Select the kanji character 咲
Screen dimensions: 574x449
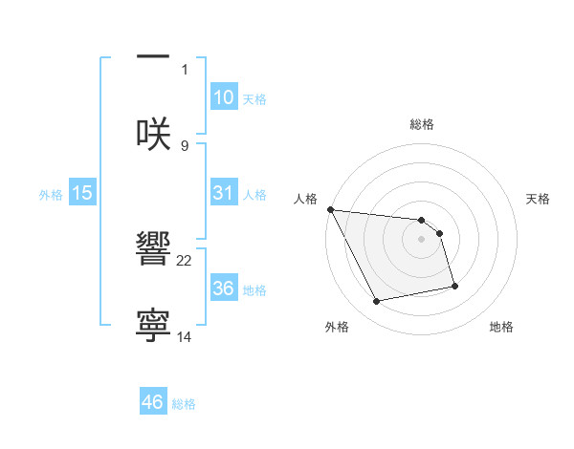coord(153,134)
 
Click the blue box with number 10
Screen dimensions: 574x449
coord(223,97)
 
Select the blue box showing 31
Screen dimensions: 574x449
coord(223,193)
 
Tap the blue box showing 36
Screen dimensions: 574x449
coord(223,288)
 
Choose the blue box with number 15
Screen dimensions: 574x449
coord(82,193)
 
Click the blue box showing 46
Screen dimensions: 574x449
coord(153,402)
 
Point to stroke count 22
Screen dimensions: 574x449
coord(185,260)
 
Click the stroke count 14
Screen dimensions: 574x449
coord(185,337)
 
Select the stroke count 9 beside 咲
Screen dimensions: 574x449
coord(185,145)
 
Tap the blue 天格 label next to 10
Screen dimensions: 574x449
coord(254,99)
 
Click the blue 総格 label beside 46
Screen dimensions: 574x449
coord(184,404)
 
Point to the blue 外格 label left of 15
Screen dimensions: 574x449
coord(51,195)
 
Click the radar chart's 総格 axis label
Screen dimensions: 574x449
coord(422,124)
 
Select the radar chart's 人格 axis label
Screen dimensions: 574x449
coord(304,199)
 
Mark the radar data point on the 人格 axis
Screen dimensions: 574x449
coord(330,209)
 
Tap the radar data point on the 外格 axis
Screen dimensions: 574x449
coord(377,302)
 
